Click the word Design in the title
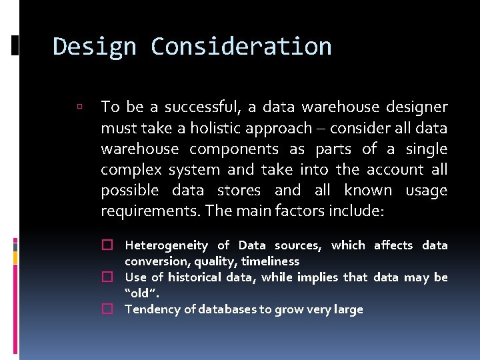tap(93, 47)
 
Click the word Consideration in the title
tap(241, 47)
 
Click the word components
tap(234, 149)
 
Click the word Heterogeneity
tap(167, 245)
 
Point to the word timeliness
tap(270, 261)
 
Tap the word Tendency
tap(151, 309)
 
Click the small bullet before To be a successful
tap(79, 107)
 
